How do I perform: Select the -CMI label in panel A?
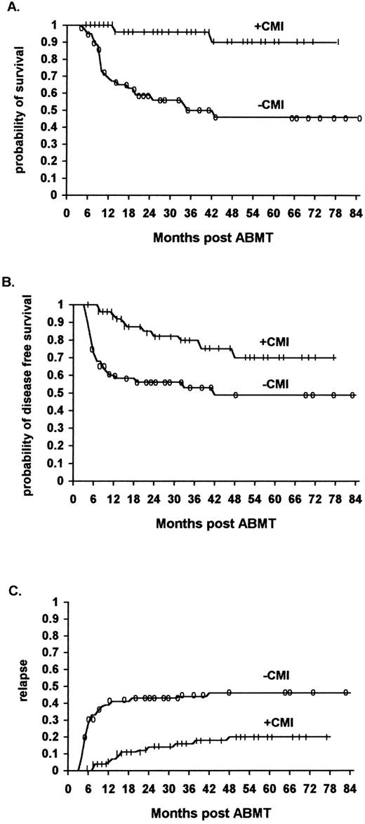(270, 105)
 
